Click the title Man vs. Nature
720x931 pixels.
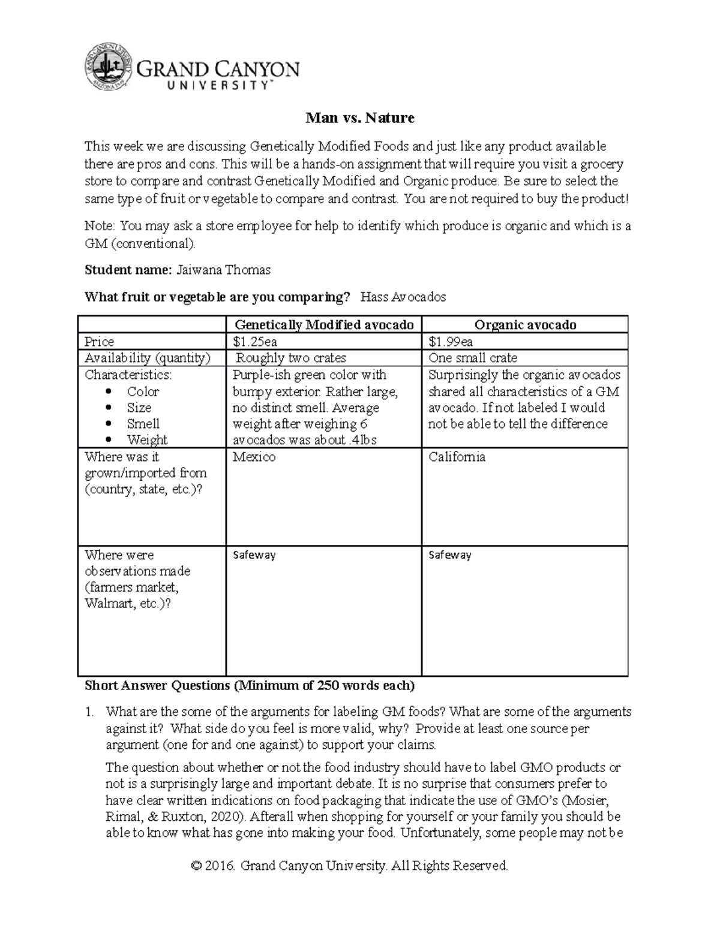[x=359, y=118]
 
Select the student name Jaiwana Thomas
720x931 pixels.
[x=223, y=270]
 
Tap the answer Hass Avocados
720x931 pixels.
[x=403, y=297]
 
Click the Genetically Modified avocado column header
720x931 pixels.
[x=324, y=325]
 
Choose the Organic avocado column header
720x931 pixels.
[x=525, y=325]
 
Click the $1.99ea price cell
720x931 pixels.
[x=451, y=342]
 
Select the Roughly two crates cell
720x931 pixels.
[x=291, y=358]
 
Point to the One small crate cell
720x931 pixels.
[x=473, y=358]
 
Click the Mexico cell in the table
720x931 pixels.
[x=254, y=457]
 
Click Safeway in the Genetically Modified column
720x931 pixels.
[x=254, y=555]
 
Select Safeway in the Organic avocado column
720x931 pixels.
[x=450, y=555]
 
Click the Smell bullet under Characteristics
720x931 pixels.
[x=143, y=424]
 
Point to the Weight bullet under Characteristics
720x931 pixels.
[x=147, y=439]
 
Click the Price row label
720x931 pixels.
[x=100, y=342]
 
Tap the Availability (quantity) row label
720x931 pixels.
[x=148, y=358]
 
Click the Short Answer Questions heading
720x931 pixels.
[x=249, y=685]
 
